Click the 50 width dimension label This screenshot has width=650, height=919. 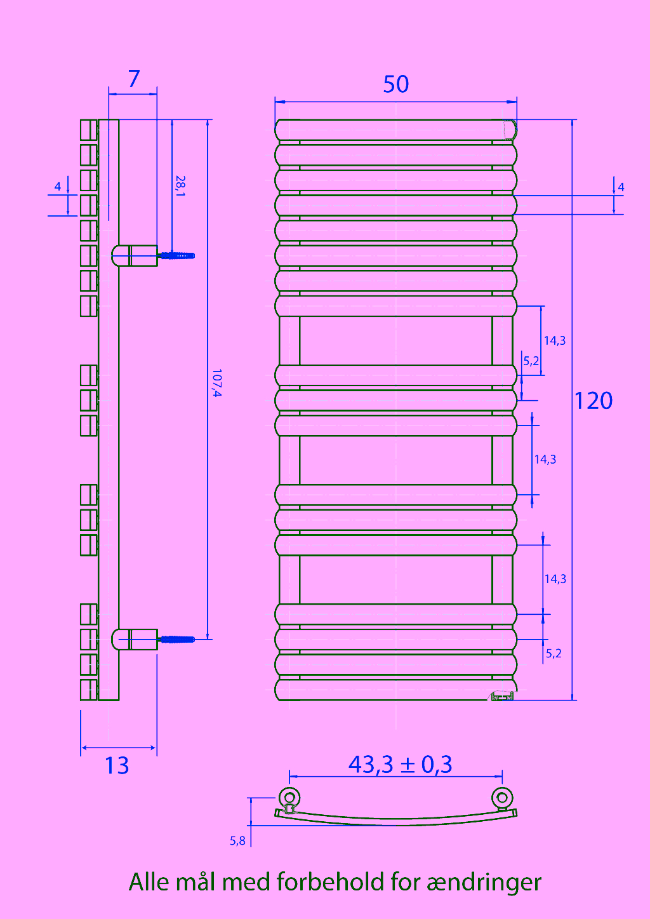(395, 84)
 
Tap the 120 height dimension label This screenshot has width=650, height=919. (594, 401)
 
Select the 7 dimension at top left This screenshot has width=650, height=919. (134, 78)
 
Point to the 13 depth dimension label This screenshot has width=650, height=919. (117, 765)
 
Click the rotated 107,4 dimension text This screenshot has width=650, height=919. (216, 383)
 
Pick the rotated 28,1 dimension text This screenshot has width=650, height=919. (180, 186)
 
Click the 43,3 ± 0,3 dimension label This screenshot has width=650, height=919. (401, 764)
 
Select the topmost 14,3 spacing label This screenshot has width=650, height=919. (554, 340)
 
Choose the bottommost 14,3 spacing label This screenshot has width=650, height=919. (555, 579)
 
